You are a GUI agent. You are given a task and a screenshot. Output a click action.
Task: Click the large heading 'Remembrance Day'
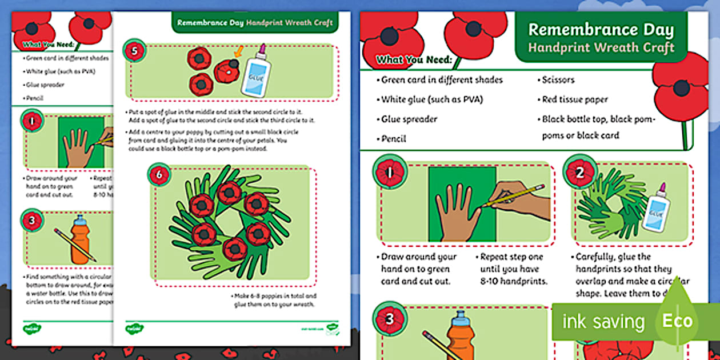(601, 30)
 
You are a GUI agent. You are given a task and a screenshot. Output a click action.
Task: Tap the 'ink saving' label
(603, 322)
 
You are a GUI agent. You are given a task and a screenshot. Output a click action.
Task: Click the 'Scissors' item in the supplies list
(558, 80)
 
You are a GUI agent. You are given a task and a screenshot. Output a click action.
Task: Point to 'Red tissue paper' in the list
(575, 99)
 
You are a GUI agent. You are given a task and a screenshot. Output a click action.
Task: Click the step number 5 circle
(134, 51)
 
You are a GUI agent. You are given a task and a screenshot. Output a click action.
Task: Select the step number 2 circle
(579, 172)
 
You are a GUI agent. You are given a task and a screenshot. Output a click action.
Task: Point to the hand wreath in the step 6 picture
(229, 223)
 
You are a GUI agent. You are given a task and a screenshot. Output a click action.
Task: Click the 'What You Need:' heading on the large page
(414, 60)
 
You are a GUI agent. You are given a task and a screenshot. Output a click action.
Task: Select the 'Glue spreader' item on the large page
(409, 119)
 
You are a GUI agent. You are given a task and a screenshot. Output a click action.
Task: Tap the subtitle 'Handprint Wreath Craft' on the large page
(601, 47)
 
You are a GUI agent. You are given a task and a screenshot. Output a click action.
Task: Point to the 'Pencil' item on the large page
(394, 139)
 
